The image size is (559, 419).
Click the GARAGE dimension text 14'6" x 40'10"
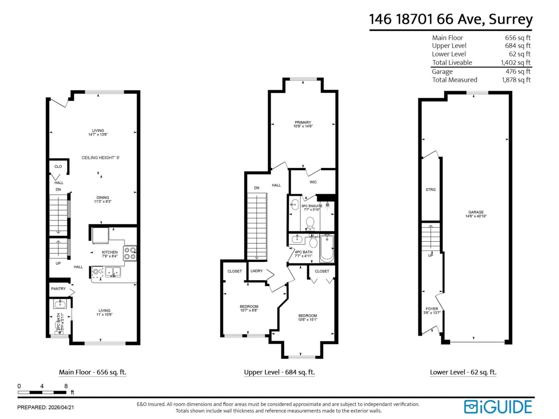[x=476, y=216]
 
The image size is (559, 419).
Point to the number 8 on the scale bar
[x=66, y=386]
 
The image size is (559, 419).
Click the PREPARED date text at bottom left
[x=45, y=407]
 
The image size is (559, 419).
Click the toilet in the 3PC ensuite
[x=310, y=223]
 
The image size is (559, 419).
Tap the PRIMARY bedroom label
[x=303, y=122]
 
